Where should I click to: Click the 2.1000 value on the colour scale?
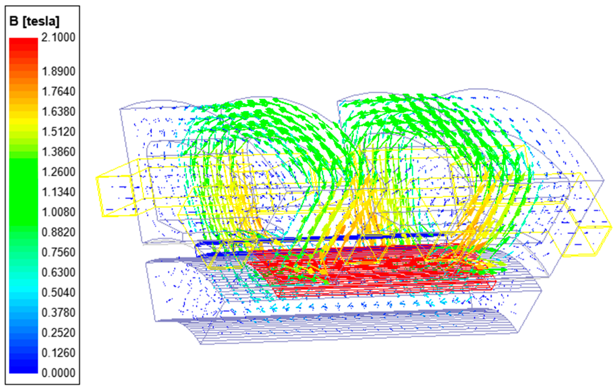click(x=58, y=37)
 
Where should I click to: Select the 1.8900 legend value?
click(x=58, y=72)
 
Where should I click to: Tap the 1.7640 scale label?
click(x=58, y=91)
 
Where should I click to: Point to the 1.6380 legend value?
click(x=58, y=112)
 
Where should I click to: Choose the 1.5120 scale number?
click(x=58, y=132)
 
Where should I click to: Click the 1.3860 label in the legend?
click(x=58, y=152)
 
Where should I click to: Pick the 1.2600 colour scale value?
click(x=58, y=172)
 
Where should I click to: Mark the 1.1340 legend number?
click(x=58, y=192)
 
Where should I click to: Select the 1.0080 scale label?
click(x=58, y=212)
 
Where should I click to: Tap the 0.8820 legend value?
click(x=58, y=232)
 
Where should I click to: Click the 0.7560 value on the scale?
click(x=58, y=252)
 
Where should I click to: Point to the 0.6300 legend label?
click(x=58, y=272)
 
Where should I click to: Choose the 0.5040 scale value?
click(x=58, y=292)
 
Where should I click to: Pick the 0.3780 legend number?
click(x=58, y=313)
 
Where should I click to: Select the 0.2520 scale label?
click(x=58, y=333)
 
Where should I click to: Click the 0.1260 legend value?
click(x=58, y=353)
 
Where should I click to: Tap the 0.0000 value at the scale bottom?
click(x=58, y=373)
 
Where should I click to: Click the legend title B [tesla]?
click(x=35, y=21)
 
